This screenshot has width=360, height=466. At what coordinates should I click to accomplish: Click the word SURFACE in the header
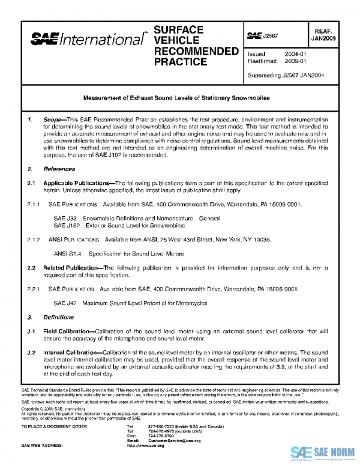(x=178, y=29)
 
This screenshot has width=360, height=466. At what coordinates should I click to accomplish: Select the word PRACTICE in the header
(x=180, y=62)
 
